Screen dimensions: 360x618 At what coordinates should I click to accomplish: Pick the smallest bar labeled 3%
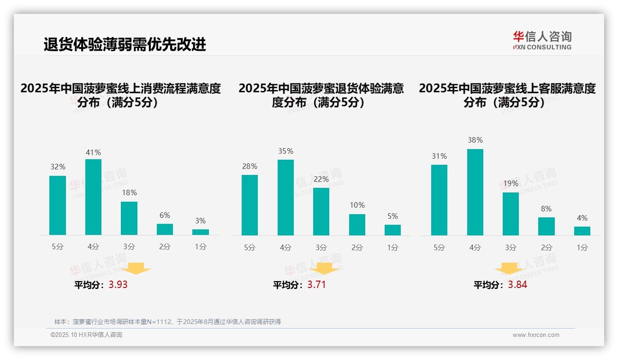click(x=200, y=232)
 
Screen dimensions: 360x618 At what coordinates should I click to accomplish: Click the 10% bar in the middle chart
click(x=357, y=225)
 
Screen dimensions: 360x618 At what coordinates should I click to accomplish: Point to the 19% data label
click(x=511, y=183)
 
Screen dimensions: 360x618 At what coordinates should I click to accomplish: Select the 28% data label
click(x=250, y=166)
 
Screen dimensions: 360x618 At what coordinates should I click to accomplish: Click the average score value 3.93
click(x=118, y=285)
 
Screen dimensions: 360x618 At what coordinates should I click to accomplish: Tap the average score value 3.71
click(x=316, y=285)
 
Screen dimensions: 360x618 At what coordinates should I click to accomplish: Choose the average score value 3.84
click(x=517, y=285)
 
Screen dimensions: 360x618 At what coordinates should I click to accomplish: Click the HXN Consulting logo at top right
click(x=542, y=40)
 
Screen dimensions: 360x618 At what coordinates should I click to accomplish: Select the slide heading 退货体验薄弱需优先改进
click(x=125, y=44)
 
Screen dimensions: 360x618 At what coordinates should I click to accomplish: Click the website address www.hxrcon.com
click(x=535, y=335)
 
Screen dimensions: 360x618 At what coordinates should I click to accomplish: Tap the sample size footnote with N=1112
click(x=167, y=322)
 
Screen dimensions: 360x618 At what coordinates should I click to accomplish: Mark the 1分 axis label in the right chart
click(x=582, y=247)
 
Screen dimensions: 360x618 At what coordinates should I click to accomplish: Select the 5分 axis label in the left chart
click(x=58, y=247)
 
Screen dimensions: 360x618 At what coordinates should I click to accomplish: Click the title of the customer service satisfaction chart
click(x=507, y=95)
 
